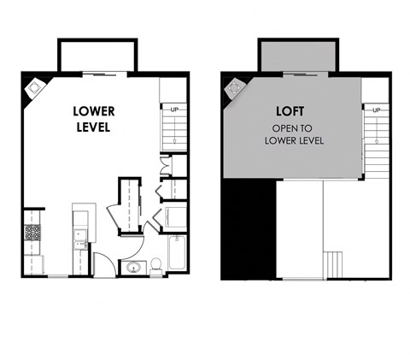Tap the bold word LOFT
click(292, 110)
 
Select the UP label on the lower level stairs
click(174, 109)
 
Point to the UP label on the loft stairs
click(376, 109)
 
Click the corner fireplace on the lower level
click(37, 86)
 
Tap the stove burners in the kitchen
click(33, 232)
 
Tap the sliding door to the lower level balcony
click(95, 75)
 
